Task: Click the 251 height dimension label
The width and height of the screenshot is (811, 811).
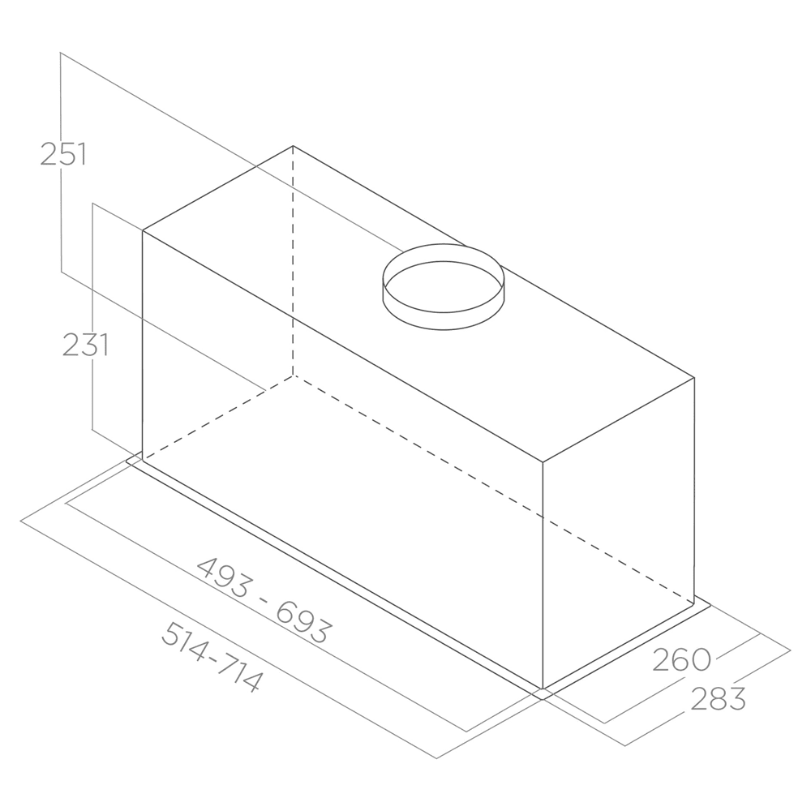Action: pyautogui.click(x=62, y=154)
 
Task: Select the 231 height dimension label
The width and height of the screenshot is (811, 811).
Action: pyautogui.click(x=85, y=345)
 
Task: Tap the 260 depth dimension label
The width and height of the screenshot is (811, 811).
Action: pyautogui.click(x=682, y=659)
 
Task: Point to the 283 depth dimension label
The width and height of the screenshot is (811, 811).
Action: pyautogui.click(x=719, y=698)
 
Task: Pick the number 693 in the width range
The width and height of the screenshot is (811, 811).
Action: pyautogui.click(x=303, y=622)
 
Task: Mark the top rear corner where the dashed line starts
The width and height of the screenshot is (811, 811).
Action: pyautogui.click(x=293, y=146)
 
